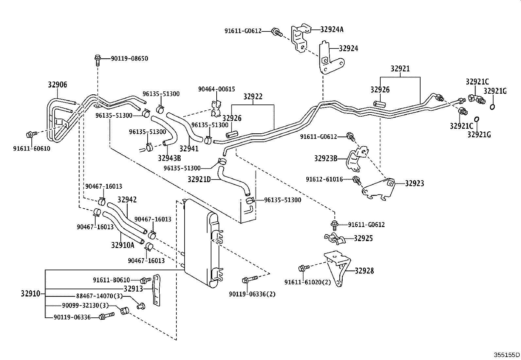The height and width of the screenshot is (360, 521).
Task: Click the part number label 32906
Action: coord(58,85)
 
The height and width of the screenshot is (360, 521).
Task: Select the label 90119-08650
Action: coord(129,58)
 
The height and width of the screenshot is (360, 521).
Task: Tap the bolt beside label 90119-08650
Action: coord(98,60)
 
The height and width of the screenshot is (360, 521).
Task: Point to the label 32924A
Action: coord(332,29)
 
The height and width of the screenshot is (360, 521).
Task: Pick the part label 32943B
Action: coord(169,158)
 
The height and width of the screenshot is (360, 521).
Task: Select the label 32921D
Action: coord(199,179)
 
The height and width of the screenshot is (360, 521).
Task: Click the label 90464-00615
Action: coord(217,89)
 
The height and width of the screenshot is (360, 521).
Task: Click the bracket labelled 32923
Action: coord(379,189)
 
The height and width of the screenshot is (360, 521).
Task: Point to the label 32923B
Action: coord(326,159)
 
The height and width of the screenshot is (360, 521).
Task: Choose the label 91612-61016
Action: coord(324,179)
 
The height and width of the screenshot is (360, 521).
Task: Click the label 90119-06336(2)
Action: coord(252,294)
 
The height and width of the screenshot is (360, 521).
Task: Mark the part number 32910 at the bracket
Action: coord(30,294)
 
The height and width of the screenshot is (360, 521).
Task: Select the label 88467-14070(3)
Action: coord(99,296)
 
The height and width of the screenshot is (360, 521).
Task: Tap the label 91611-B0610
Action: coord(111,280)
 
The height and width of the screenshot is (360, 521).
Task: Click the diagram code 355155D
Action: coord(507,355)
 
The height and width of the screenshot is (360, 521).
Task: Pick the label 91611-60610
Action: coord(32,149)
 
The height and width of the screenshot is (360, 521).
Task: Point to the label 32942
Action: coord(127,200)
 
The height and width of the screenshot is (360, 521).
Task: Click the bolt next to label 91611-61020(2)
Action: coord(304,268)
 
